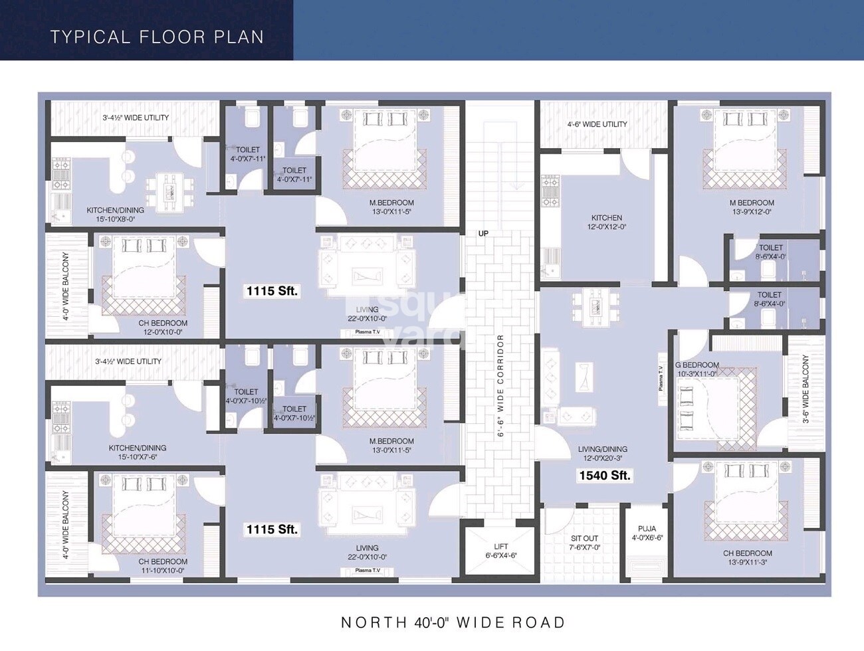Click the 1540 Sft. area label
tap(604, 476)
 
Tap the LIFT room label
tap(501, 551)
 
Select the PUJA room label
tap(647, 533)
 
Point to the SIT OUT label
tap(584, 543)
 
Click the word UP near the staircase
tap(483, 233)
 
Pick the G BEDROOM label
tap(697, 369)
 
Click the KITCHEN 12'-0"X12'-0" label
tap(607, 222)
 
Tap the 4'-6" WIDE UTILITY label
tap(597, 124)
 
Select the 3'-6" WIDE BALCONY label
tap(806, 389)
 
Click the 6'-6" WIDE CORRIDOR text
tap(501, 385)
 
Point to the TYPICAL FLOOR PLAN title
tap(157, 37)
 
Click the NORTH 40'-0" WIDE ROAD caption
tap(453, 622)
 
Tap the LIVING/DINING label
tap(603, 454)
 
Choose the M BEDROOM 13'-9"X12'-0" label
tap(752, 207)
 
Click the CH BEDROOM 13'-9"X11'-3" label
tap(748, 557)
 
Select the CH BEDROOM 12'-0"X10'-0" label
tap(163, 327)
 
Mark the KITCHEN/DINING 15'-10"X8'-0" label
tap(115, 215)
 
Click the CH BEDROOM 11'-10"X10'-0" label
tap(163, 566)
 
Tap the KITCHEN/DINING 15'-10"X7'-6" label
tap(138, 452)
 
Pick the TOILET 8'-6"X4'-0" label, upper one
tap(770, 252)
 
